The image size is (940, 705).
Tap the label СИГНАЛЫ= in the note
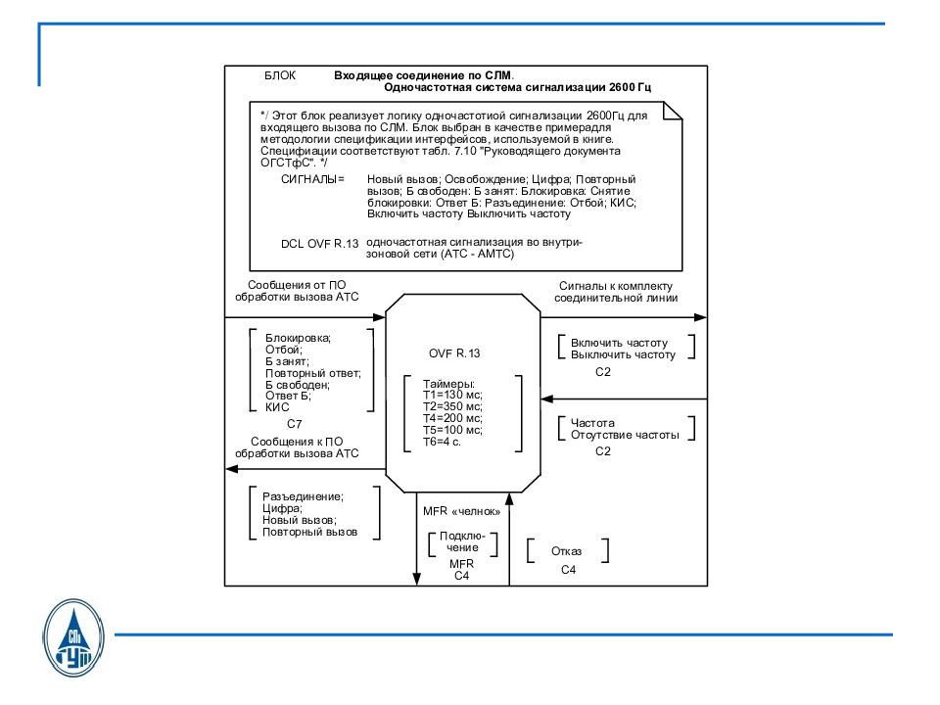(x=313, y=180)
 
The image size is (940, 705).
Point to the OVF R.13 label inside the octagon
(x=454, y=352)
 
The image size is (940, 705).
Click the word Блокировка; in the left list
(x=299, y=339)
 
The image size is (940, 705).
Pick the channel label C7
(x=294, y=424)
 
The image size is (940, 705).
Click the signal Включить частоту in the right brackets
(x=619, y=344)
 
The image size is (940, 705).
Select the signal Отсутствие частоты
(x=624, y=434)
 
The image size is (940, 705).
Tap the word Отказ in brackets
(x=567, y=551)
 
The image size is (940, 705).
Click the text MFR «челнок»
(x=462, y=511)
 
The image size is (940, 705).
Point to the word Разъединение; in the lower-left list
(x=303, y=496)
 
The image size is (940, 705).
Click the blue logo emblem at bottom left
(x=75, y=638)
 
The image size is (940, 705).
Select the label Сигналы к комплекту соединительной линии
(x=616, y=292)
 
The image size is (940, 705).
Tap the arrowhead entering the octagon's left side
(x=380, y=317)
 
